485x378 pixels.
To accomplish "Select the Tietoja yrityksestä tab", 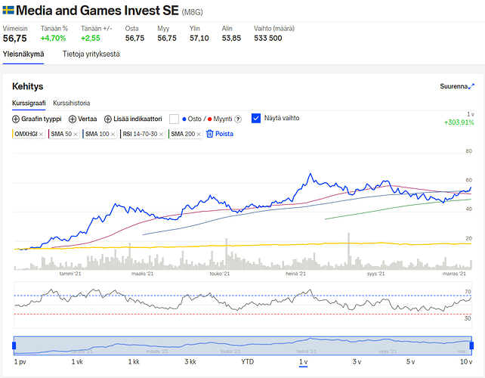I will (91, 54).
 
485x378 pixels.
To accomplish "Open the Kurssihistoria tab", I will (72, 103).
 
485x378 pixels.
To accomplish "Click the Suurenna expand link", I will (457, 87).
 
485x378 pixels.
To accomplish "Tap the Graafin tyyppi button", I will (37, 119).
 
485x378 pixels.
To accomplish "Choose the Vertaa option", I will (83, 119).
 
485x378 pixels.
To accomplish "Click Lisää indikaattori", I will (133, 119).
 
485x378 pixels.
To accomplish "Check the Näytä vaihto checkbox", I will (255, 118).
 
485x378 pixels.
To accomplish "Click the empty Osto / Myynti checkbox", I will (174, 119).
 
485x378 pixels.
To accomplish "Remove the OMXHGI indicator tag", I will (41, 134).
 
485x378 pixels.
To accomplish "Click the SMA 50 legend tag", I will (60, 134).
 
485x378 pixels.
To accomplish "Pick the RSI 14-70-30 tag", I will (140, 134).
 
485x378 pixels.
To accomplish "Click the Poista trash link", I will (220, 134).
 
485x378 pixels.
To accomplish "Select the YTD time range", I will (247, 362).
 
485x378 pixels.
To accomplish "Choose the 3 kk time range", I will (190, 362).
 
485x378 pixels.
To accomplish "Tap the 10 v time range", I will (466, 362).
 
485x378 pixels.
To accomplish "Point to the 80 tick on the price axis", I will (468, 151).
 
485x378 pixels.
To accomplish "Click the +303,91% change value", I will (459, 122).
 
